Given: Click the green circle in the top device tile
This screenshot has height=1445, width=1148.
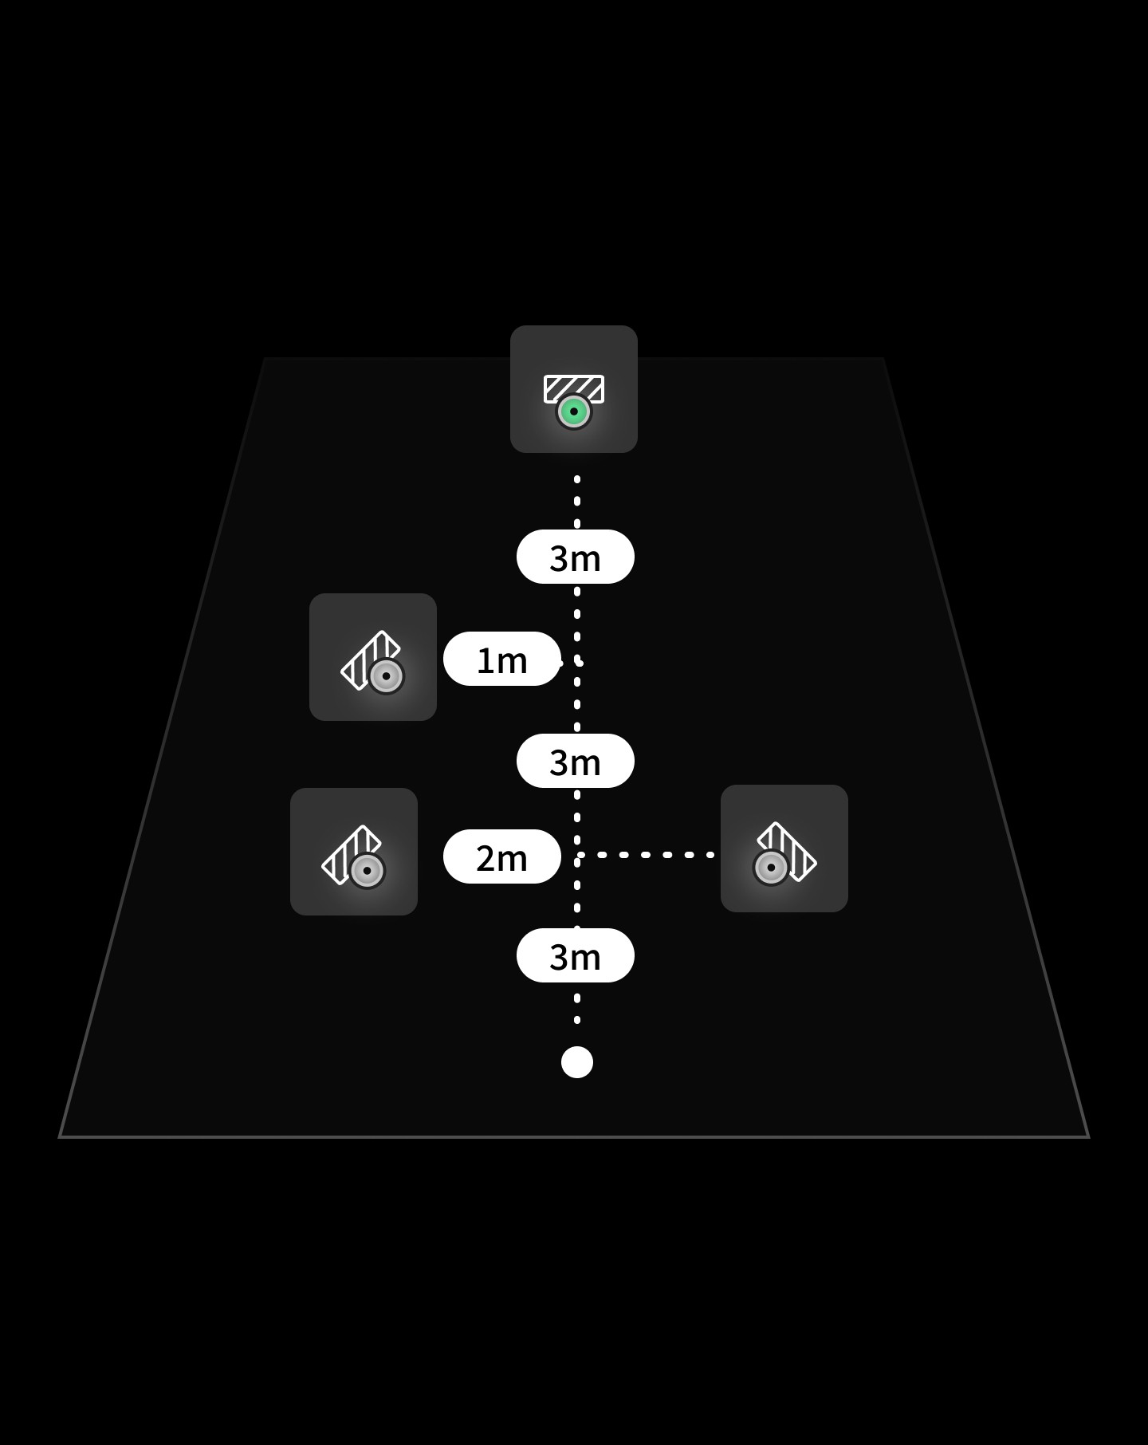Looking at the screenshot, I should (x=574, y=412).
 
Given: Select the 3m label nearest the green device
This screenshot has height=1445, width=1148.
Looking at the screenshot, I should (x=575, y=557).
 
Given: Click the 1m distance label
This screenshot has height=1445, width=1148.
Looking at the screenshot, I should (x=501, y=660).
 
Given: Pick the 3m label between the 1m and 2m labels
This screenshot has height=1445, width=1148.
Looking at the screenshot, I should (x=575, y=762).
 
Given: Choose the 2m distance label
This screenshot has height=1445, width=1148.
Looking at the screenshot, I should (x=501, y=857).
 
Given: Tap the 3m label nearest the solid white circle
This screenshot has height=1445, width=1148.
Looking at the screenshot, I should (x=575, y=956).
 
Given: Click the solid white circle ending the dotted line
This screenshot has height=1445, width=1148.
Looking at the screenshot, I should (x=577, y=1062).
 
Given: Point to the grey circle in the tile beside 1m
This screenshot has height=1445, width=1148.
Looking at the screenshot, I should (x=386, y=676).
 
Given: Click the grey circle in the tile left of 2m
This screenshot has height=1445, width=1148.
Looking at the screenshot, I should (x=367, y=871).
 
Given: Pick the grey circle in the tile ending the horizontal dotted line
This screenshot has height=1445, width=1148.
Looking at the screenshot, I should (x=771, y=867).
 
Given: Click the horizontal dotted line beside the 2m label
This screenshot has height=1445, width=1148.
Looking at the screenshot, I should (x=646, y=855).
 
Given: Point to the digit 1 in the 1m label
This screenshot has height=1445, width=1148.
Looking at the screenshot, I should (x=485, y=661).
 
